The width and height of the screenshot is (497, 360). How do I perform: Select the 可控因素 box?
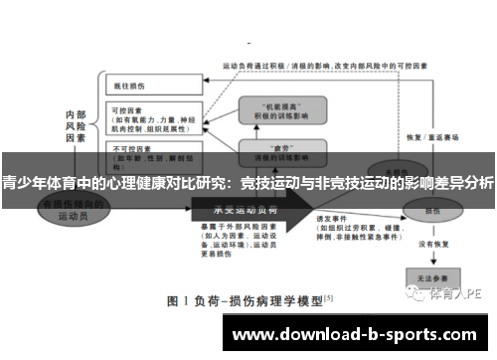click(x=149, y=119)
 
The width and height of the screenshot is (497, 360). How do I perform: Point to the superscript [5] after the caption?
click(x=328, y=295)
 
